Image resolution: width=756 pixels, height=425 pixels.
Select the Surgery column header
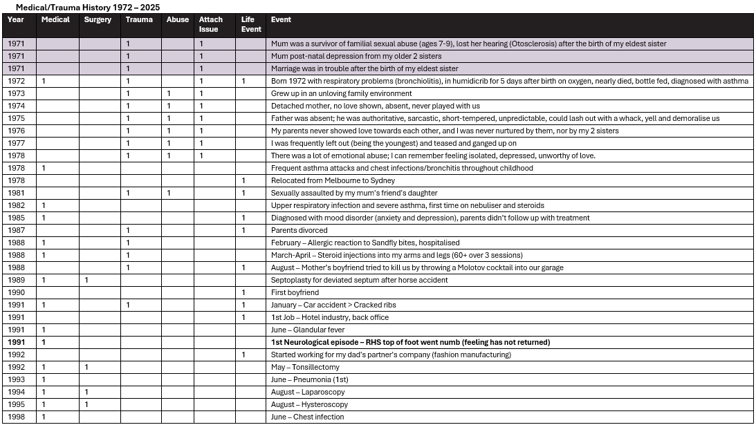[x=98, y=20]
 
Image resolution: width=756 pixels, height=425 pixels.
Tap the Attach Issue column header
[x=211, y=24]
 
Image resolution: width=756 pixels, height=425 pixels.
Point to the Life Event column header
[x=251, y=24]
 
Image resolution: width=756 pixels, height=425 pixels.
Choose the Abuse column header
[x=178, y=20]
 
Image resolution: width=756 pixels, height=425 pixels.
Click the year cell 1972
[x=16, y=81]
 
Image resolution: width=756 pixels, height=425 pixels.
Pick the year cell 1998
[x=16, y=417]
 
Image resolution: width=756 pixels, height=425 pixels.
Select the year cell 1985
[x=16, y=218]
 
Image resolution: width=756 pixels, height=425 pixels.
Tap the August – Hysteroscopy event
[x=309, y=404]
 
